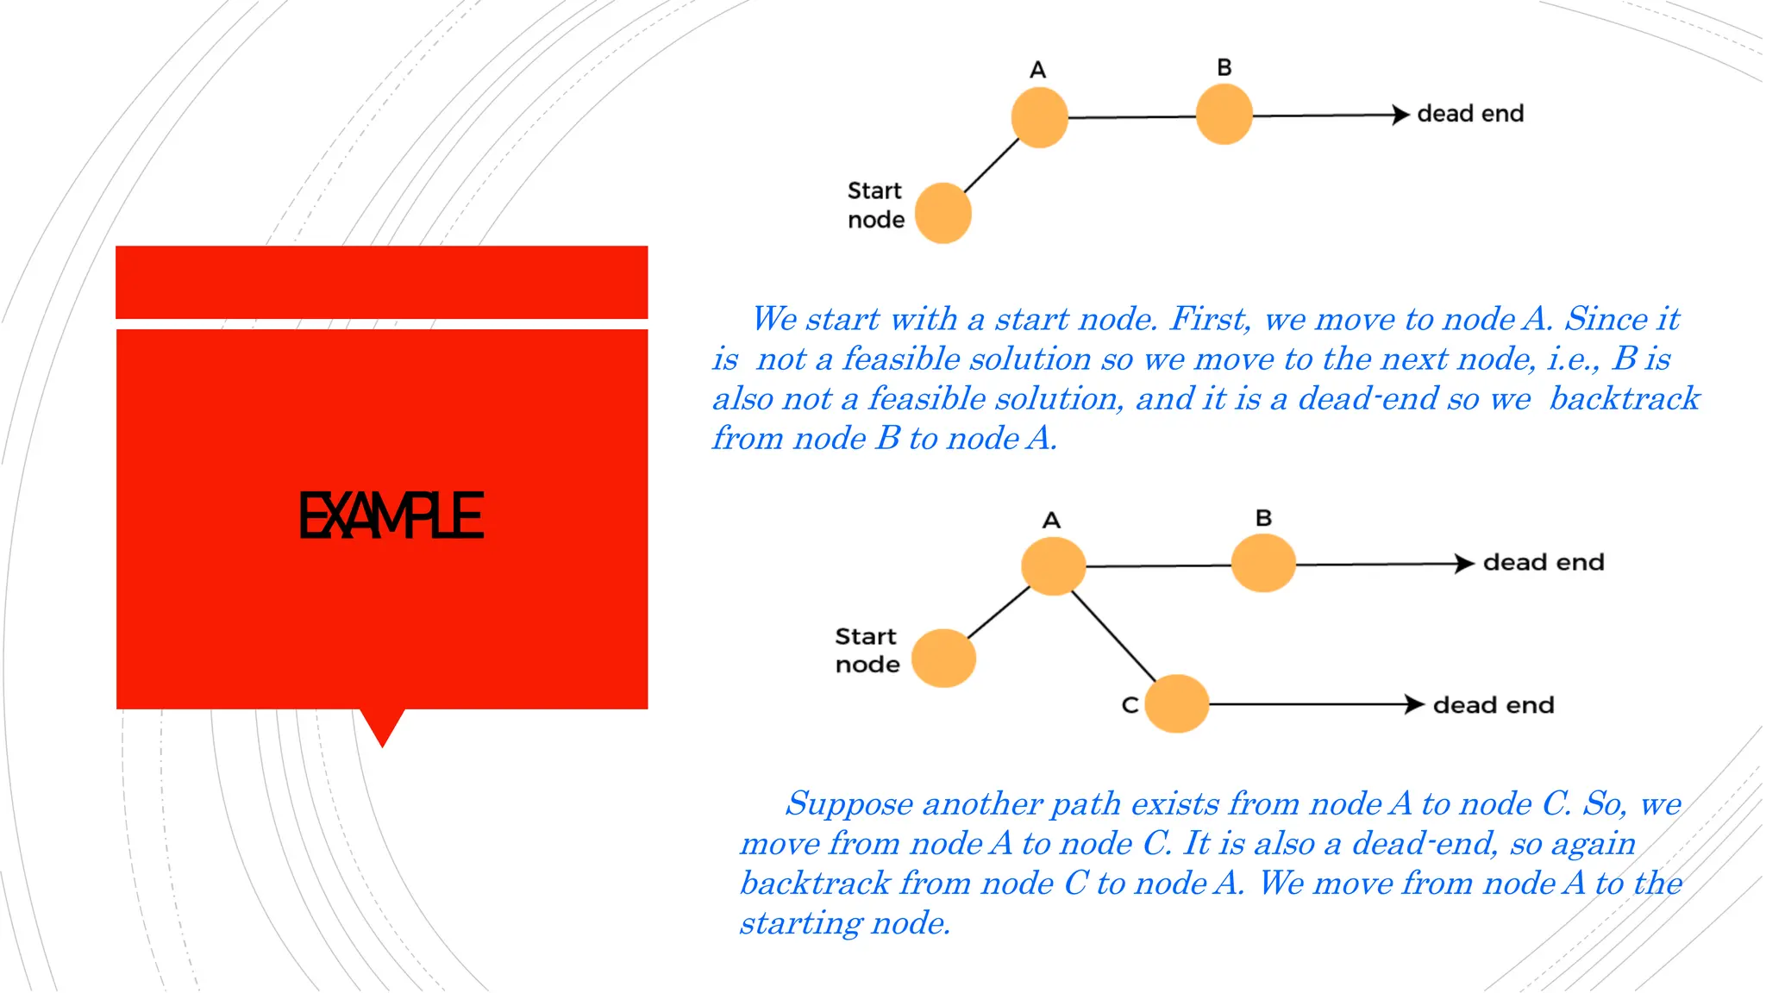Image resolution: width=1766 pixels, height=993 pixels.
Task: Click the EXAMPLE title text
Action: click(x=391, y=515)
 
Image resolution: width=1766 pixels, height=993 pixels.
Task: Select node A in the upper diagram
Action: click(x=1039, y=117)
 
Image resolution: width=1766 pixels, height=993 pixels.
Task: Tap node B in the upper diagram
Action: click(x=1224, y=115)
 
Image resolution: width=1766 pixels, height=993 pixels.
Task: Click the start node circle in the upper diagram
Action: click(x=942, y=213)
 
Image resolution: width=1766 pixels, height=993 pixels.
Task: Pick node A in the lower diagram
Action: click(x=1053, y=566)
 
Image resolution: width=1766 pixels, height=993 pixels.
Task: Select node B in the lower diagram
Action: click(x=1263, y=563)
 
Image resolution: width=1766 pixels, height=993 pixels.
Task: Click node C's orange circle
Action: click(x=1177, y=703)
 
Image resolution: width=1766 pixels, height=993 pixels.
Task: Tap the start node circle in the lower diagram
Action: click(x=943, y=658)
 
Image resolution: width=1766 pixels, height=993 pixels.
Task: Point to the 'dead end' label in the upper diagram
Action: click(x=1470, y=114)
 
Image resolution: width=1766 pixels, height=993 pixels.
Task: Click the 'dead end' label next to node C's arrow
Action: click(x=1494, y=705)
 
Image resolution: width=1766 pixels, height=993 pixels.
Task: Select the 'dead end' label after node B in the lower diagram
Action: click(x=1544, y=563)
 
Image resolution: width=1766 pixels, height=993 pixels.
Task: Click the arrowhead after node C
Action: click(x=1413, y=704)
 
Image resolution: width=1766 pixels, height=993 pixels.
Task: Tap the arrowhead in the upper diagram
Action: click(x=1400, y=115)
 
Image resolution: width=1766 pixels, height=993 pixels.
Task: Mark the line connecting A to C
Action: click(x=1113, y=635)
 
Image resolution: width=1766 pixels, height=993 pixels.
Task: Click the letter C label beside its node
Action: click(x=1130, y=705)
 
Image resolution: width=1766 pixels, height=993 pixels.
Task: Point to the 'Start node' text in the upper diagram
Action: click(x=875, y=205)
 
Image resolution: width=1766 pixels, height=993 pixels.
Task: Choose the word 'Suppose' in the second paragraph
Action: click(x=849, y=804)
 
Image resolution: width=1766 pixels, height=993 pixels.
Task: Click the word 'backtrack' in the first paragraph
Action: click(x=1625, y=399)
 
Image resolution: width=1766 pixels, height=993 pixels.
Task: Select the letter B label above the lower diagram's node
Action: click(x=1263, y=518)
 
